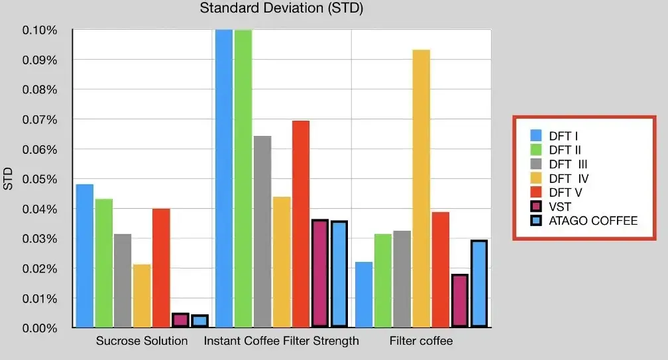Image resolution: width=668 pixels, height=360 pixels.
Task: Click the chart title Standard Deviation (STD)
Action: click(282, 9)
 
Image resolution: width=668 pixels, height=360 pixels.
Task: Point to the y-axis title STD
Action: click(9, 179)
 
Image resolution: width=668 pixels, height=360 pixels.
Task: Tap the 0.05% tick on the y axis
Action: click(40, 179)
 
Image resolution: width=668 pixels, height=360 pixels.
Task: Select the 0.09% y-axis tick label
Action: click(40, 60)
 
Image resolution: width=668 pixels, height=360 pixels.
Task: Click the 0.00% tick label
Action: click(40, 328)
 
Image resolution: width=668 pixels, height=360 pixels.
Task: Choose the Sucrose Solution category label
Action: click(142, 341)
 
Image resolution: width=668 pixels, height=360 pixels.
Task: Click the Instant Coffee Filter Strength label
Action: click(282, 341)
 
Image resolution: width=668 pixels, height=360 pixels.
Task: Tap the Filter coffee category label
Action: click(421, 341)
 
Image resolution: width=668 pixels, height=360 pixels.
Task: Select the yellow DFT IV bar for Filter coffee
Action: click(421, 188)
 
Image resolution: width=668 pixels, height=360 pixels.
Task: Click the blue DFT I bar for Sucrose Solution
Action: click(84, 256)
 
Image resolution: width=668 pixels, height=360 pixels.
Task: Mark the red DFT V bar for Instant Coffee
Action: click(301, 224)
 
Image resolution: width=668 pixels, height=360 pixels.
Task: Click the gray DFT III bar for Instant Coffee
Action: click(262, 231)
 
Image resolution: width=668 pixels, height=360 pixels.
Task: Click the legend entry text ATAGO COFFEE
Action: click(593, 221)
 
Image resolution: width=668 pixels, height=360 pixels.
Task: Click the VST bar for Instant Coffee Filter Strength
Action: click(320, 273)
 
